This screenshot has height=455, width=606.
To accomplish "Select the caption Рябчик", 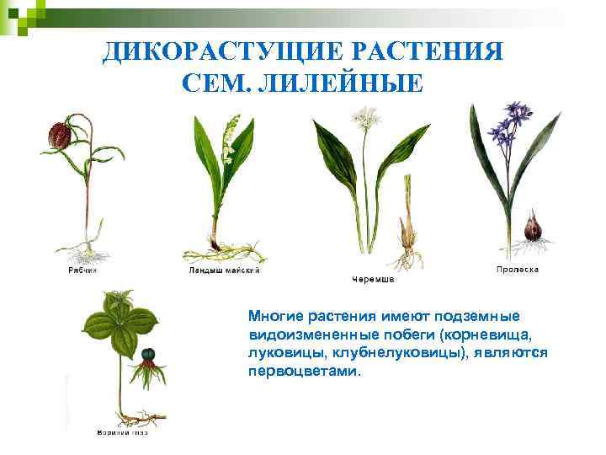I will (82, 270).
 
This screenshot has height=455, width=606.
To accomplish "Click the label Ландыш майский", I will (224, 270).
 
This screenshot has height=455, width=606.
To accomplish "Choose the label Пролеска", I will (517, 270).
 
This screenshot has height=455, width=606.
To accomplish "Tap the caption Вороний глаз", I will (119, 432).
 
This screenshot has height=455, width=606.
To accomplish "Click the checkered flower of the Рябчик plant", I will (59, 133).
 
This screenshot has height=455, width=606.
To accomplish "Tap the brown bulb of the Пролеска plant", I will (533, 227).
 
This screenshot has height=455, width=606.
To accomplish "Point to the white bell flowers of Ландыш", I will (227, 152).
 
